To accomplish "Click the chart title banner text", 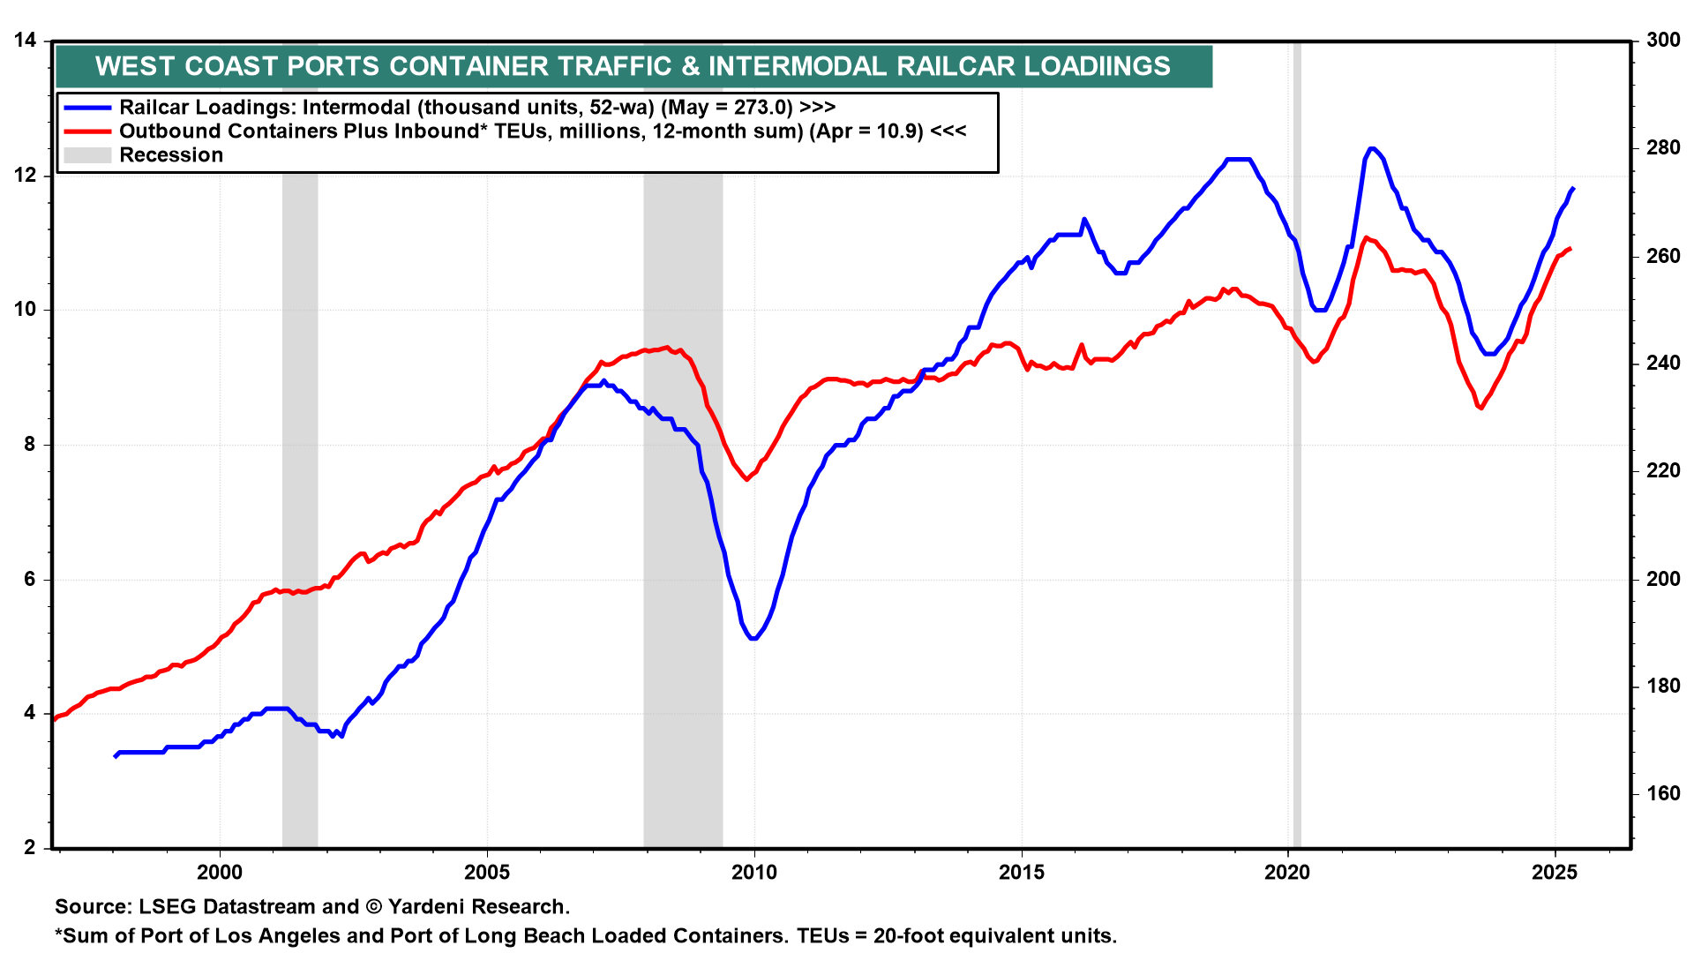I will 633,66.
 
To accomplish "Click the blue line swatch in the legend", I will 87,108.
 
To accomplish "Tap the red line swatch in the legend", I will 87,131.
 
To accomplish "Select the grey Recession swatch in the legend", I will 87,155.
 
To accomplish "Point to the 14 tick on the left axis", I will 26,41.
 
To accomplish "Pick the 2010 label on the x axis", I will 754,873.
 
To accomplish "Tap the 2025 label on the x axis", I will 1555,873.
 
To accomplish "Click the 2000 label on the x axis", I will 220,873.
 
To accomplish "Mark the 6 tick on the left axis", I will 31,580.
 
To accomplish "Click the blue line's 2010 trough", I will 752,638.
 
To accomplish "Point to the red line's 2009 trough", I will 746,479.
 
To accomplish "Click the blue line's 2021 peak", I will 1371,148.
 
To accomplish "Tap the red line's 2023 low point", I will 1480,408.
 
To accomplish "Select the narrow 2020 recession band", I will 1297,441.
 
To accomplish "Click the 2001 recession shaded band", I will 300,441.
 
